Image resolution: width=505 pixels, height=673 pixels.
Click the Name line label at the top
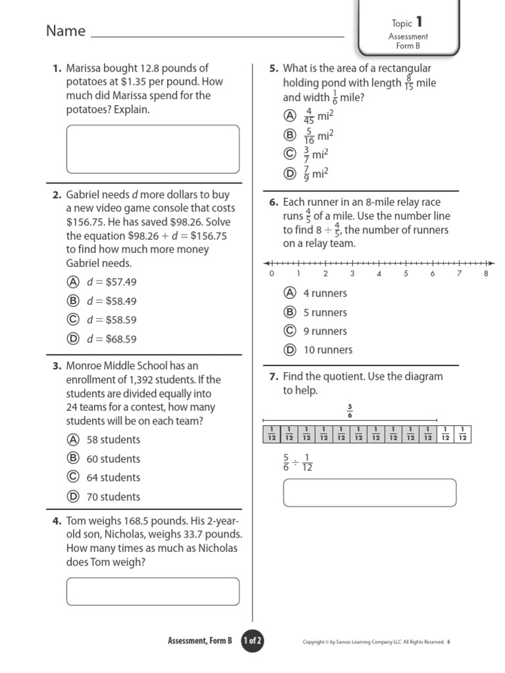click(66, 31)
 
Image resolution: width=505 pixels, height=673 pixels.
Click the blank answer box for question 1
click(153, 149)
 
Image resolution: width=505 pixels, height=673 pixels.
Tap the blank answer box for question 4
click(153, 592)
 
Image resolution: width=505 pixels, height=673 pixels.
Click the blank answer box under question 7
click(369, 493)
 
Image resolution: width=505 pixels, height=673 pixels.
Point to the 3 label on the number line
click(352, 274)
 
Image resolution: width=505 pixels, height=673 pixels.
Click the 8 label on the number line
click(486, 274)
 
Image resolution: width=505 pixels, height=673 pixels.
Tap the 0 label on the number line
click(272, 274)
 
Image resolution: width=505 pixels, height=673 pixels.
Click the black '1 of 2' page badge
click(252, 641)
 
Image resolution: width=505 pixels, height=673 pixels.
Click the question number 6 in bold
click(273, 202)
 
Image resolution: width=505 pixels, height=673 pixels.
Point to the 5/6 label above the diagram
click(350, 411)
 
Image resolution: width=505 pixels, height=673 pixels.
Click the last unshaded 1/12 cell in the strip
click(463, 434)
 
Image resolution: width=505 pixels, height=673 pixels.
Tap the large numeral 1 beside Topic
click(419, 22)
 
